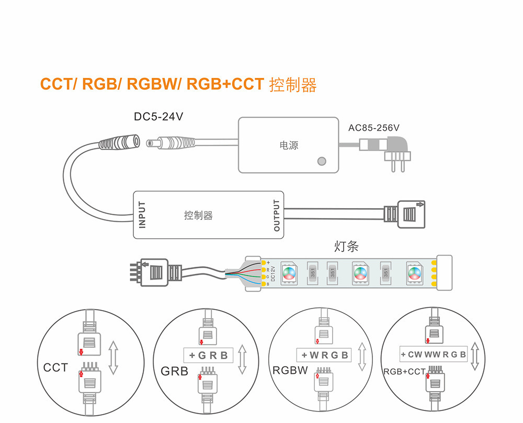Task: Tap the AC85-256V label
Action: pos(374,128)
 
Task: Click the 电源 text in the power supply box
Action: pos(289,145)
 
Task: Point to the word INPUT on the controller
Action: pos(142,214)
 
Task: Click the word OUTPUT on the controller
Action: pos(277,215)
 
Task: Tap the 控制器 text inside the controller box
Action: pos(198,215)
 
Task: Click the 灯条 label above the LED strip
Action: pos(346,246)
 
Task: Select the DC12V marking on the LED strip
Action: pos(273,273)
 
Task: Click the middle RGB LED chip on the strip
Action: pos(359,272)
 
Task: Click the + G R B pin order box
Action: pos(208,356)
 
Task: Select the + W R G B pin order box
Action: pos(324,356)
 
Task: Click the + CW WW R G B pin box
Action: pos(433,355)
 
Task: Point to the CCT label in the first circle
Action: pos(55,368)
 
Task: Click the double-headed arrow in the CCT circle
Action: pos(113,358)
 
